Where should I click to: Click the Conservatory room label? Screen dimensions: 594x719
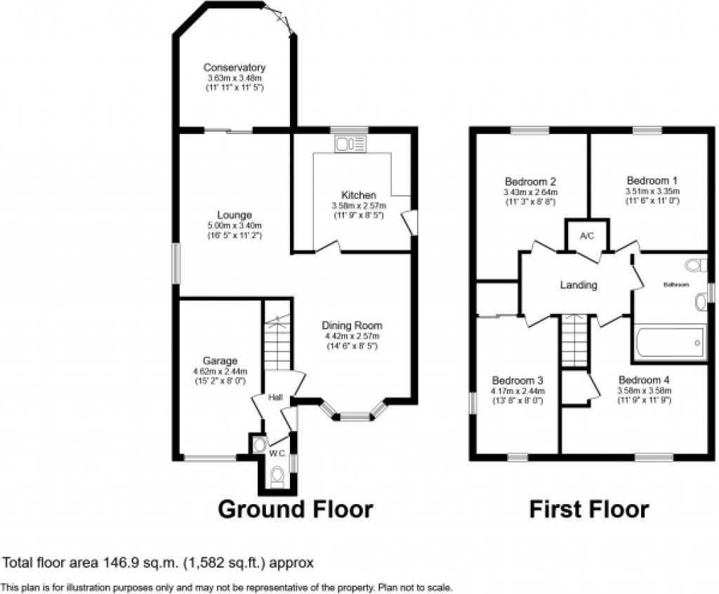tap(235, 67)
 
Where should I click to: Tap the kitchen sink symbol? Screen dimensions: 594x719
tap(350, 145)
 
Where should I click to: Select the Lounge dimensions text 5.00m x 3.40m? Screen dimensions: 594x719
tap(235, 225)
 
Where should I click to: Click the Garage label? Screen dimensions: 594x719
tap(211, 361)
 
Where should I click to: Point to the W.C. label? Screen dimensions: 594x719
tap(277, 454)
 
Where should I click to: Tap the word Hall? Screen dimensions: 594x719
tap(275, 398)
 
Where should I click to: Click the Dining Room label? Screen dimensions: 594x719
tap(352, 326)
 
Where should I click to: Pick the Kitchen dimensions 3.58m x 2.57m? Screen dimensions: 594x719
tap(359, 206)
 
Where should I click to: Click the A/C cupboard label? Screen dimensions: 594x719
tap(587, 236)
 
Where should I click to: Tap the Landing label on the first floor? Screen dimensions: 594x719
tap(579, 285)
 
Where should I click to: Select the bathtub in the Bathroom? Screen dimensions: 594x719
tap(668, 343)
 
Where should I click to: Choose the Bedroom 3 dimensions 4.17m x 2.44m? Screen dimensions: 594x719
tap(518, 391)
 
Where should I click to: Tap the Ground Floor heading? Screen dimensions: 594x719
tap(296, 509)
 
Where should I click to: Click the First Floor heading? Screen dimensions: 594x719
tap(588, 509)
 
